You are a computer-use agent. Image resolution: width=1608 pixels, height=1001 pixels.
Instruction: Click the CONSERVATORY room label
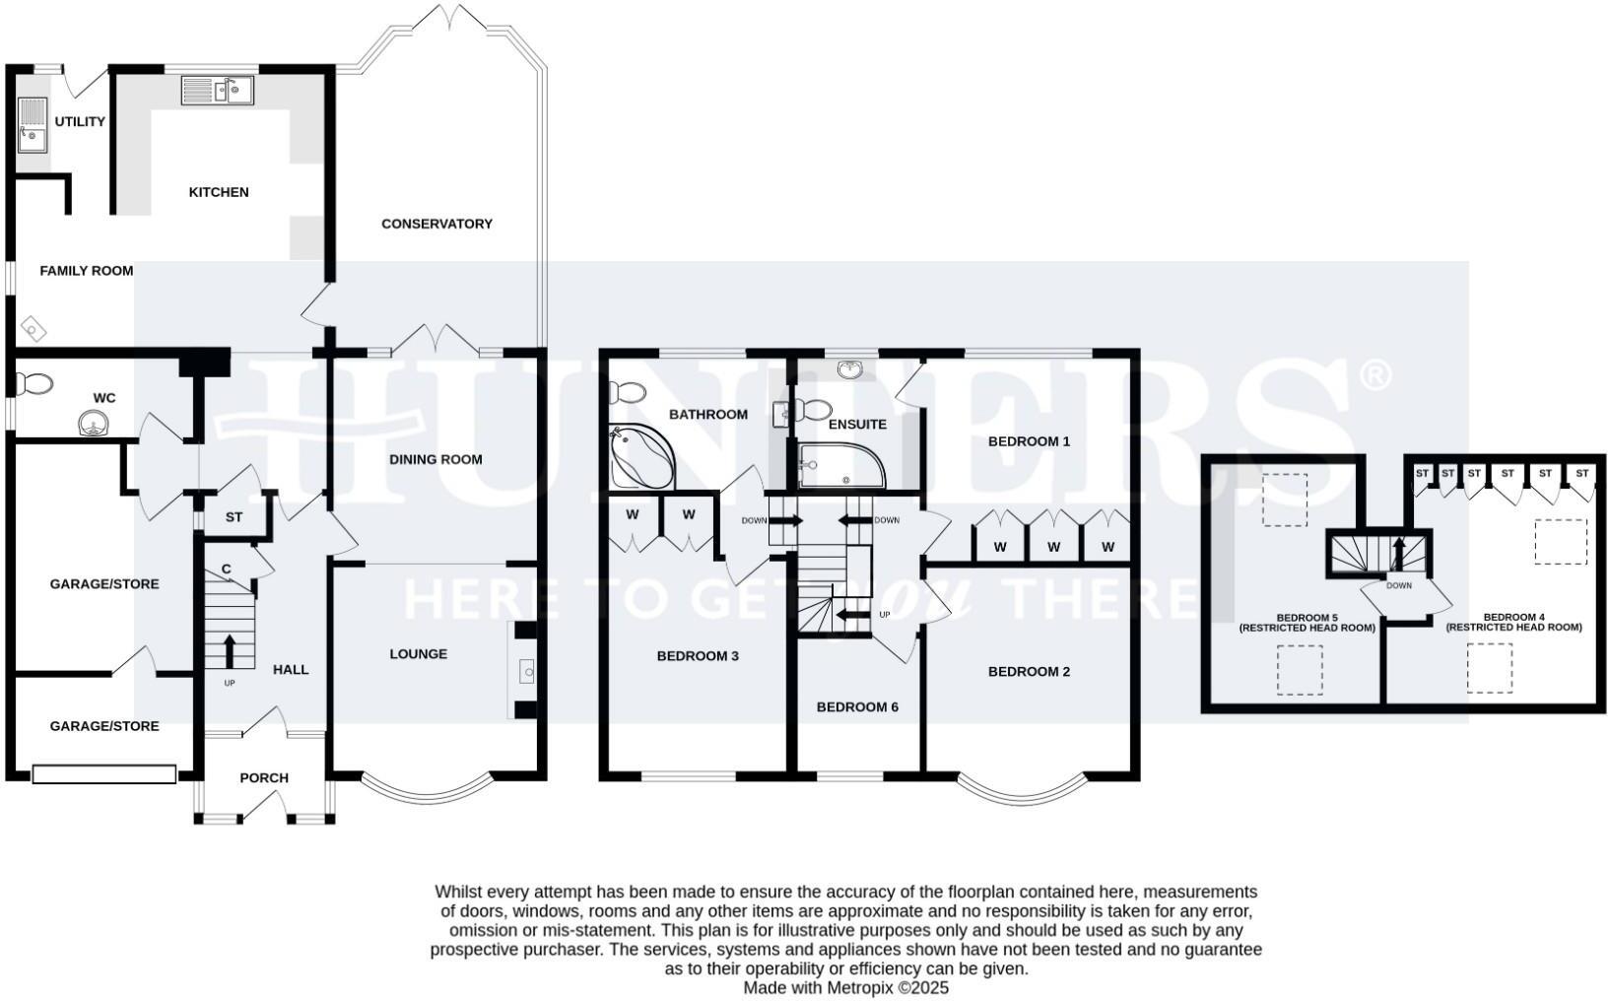436,224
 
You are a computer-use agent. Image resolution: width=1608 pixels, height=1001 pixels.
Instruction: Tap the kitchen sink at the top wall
218,91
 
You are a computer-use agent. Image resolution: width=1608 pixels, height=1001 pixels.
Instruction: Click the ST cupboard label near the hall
234,516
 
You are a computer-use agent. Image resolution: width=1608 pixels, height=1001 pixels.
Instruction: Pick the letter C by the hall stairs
227,568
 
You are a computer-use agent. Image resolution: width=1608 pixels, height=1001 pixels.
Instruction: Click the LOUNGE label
418,653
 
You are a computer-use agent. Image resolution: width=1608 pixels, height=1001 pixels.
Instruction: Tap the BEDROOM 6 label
857,706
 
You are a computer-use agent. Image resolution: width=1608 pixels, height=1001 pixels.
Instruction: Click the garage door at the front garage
103,775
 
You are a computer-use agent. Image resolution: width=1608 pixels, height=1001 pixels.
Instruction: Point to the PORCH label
264,777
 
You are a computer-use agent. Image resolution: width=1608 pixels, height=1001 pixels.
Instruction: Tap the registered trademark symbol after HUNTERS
1376,374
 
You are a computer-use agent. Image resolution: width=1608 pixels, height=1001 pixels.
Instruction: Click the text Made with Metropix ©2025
845,987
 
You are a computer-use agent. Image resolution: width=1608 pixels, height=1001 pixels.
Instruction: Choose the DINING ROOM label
435,459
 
